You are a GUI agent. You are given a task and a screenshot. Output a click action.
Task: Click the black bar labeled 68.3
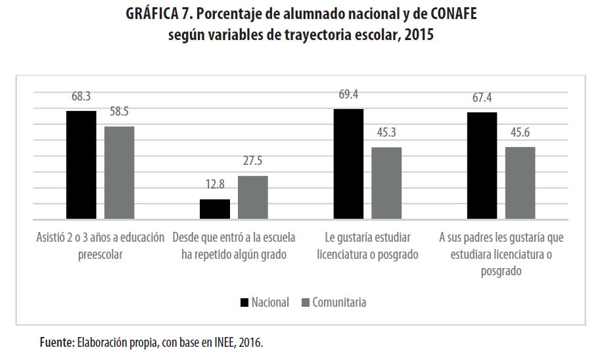(x=81, y=165)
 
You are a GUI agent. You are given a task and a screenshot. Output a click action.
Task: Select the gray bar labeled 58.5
(x=119, y=173)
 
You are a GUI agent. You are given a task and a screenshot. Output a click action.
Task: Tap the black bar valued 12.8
(x=214, y=209)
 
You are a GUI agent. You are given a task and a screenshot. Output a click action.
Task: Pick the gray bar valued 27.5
(x=252, y=198)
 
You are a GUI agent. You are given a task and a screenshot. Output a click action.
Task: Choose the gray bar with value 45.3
(x=386, y=183)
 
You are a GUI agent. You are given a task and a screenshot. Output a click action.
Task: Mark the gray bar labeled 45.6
(x=520, y=183)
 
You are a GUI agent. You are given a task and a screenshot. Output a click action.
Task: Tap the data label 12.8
(x=214, y=185)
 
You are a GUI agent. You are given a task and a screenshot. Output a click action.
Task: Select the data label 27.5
(x=252, y=162)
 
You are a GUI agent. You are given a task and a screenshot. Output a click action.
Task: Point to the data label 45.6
(x=520, y=133)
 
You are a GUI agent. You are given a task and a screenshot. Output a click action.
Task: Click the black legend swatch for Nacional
(x=244, y=302)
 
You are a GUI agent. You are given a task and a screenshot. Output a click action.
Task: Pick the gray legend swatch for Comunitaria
(x=304, y=302)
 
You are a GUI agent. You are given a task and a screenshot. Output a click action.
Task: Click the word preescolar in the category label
(x=100, y=254)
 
